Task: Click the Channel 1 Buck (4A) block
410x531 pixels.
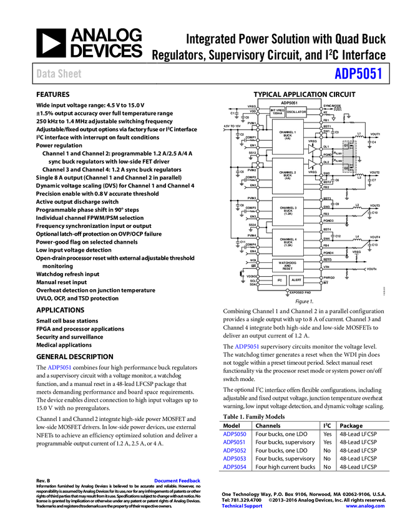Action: point(288,136)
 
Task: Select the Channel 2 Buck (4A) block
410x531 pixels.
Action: point(288,176)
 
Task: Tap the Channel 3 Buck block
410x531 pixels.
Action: point(288,211)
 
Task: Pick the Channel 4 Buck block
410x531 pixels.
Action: point(288,242)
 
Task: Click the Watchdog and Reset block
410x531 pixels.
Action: point(288,265)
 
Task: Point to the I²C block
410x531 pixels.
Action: point(279,280)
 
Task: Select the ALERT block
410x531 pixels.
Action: point(296,280)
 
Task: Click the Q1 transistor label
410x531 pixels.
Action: point(346,146)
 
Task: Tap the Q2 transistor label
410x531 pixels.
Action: point(346,167)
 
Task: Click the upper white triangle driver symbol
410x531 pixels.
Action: point(311,149)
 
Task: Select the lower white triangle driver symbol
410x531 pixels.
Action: point(311,164)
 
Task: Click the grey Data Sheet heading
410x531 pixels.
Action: point(59,74)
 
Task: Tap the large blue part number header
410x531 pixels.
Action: point(358,74)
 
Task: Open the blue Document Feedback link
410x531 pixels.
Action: point(178,480)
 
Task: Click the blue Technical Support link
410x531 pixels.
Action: point(242,506)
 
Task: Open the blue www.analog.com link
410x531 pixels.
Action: point(365,506)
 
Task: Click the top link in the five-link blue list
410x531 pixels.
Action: point(235,434)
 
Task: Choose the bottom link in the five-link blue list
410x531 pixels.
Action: point(235,466)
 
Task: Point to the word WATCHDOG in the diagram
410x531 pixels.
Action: point(288,263)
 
